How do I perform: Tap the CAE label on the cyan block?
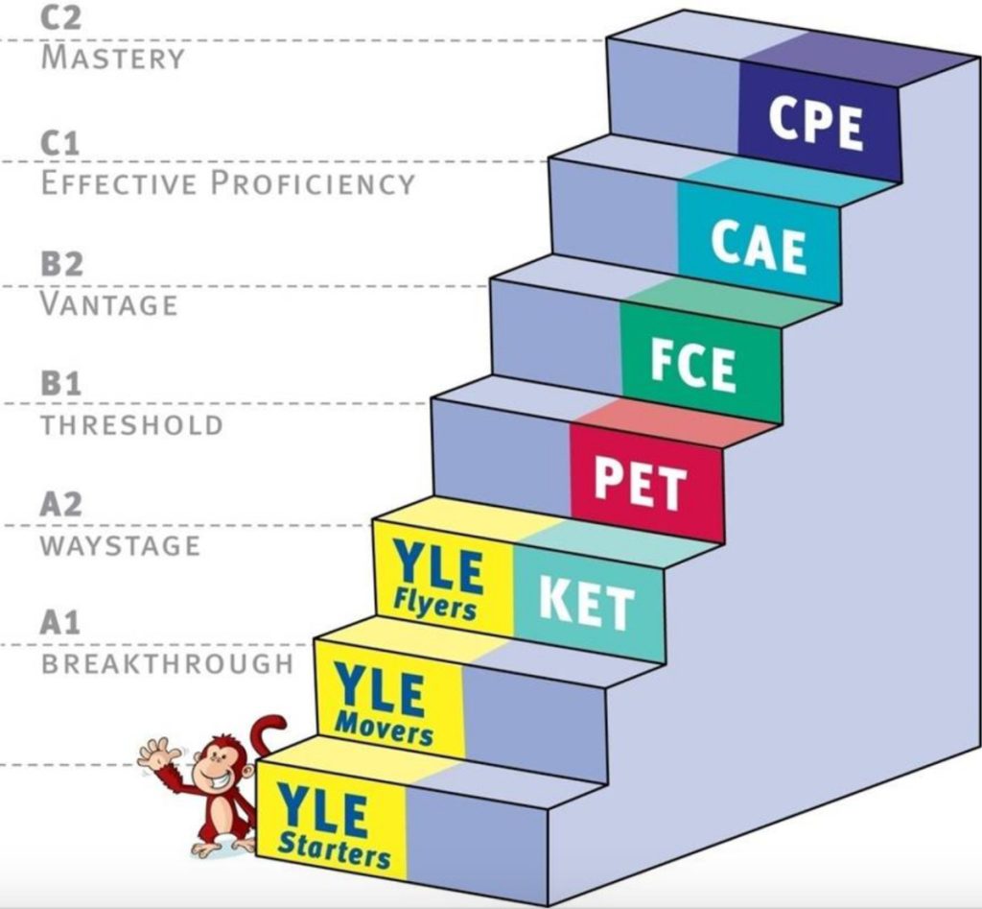pyautogui.click(x=759, y=247)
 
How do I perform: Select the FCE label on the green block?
pyautogui.click(x=693, y=364)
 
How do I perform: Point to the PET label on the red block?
pyautogui.click(x=640, y=483)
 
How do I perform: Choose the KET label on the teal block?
pyautogui.click(x=587, y=603)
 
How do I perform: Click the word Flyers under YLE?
pyautogui.click(x=435, y=607)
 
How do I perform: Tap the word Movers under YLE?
pyautogui.click(x=384, y=730)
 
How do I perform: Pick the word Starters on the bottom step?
pyautogui.click(x=334, y=851)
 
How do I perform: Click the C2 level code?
pyautogui.click(x=60, y=17)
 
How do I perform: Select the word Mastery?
pyautogui.click(x=113, y=58)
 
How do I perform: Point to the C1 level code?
pyautogui.click(x=60, y=144)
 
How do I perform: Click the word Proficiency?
pyautogui.click(x=313, y=183)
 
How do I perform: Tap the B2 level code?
pyautogui.click(x=61, y=263)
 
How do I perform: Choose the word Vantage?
pyautogui.click(x=109, y=304)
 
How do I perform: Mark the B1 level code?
pyautogui.click(x=60, y=383)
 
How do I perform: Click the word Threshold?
pyautogui.click(x=132, y=425)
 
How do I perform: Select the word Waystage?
pyautogui.click(x=120, y=545)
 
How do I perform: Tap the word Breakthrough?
pyautogui.click(x=167, y=664)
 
